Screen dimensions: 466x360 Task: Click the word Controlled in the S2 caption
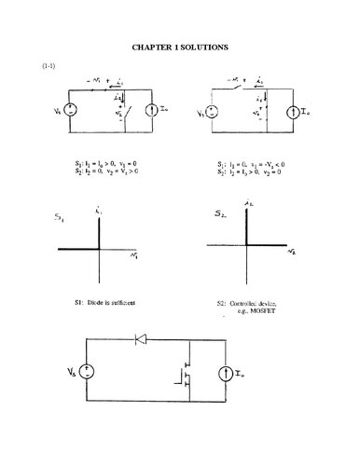247,305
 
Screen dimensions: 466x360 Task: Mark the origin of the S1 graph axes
98,250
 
